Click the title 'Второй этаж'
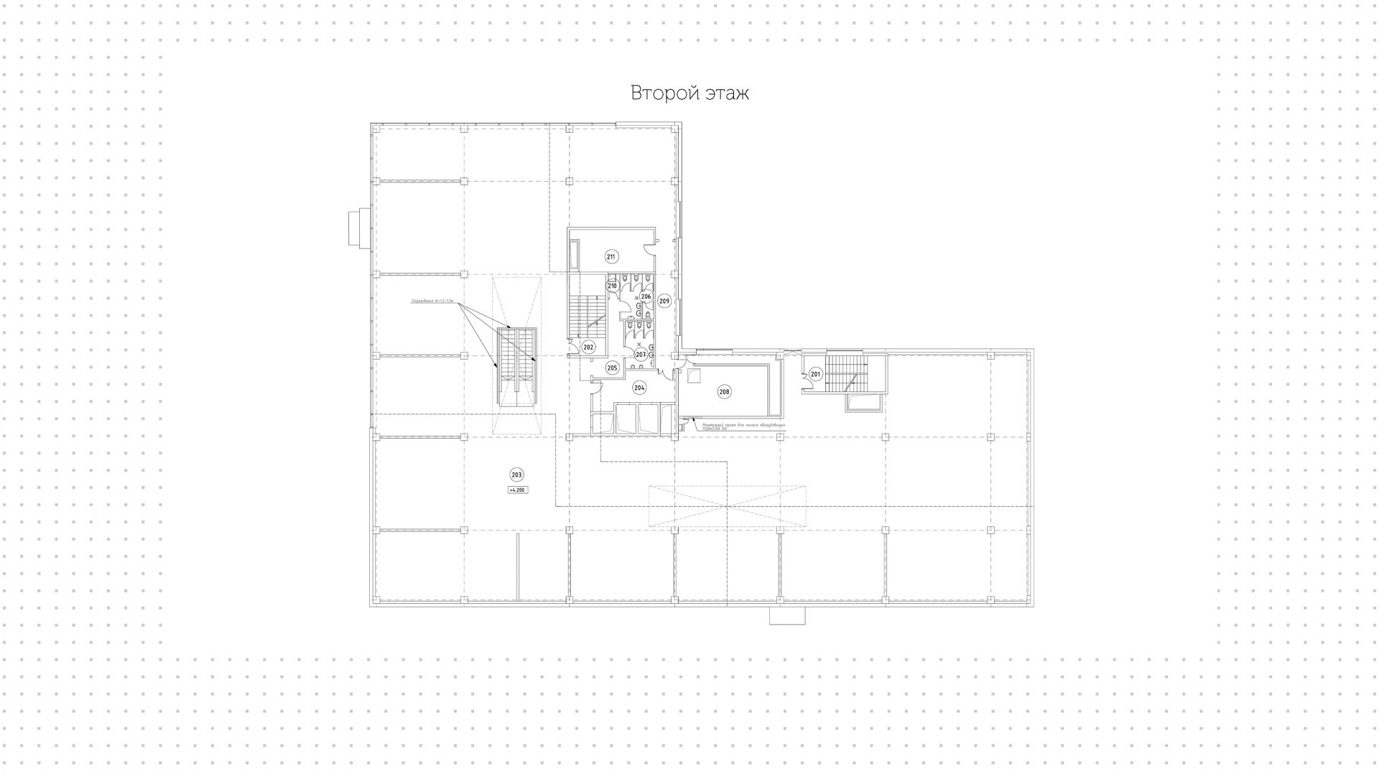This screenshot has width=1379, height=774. pos(689,93)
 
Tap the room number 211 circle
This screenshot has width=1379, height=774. pos(611,257)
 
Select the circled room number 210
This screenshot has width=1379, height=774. pos(613,286)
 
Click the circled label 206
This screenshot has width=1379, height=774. pos(646,297)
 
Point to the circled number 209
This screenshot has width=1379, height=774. pos(664,302)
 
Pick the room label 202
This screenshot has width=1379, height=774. pos(588,348)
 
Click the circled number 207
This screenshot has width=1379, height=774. pos(640,355)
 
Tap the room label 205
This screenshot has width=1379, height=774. pos(612,368)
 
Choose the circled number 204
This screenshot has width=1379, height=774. pos(639,388)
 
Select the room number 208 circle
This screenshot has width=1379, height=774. pos(724,392)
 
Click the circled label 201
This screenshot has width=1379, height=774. pos(815,374)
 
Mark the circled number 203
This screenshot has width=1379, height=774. pos(517,475)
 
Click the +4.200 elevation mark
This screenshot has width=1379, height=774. pos(517,490)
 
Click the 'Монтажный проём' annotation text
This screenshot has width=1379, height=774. pos(743,426)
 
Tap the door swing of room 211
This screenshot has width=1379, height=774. pos(648,248)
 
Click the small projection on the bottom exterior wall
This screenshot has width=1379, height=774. pos(787,615)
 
